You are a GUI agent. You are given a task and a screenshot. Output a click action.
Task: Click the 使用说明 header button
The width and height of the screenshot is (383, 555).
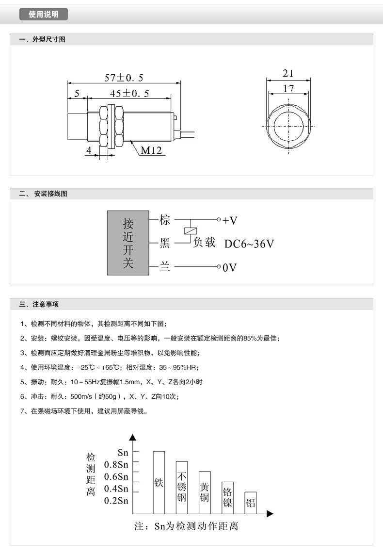pos(43,14)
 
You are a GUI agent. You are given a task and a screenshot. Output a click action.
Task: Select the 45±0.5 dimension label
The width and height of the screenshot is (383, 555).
pos(129,93)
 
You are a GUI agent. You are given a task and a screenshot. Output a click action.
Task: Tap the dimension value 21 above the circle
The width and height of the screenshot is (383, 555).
pos(288,73)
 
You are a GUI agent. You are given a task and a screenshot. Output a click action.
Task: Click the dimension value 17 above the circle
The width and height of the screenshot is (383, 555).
pos(288,89)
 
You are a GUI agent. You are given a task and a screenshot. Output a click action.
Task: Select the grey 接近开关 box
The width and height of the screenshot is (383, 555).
pos(128,243)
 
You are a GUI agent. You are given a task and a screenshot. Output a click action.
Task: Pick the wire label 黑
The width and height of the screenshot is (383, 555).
pos(165,243)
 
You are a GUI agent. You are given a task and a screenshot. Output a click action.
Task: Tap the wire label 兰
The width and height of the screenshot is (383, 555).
pos(165,266)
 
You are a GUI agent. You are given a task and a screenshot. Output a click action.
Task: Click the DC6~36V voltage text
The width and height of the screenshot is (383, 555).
pos(249,244)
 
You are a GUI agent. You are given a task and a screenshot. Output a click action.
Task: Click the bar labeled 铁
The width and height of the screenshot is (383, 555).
pos(159,482)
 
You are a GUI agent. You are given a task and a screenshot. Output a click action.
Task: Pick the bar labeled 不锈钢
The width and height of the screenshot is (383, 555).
pos(182,487)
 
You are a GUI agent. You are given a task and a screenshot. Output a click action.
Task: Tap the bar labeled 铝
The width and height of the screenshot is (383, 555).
pos(250,503)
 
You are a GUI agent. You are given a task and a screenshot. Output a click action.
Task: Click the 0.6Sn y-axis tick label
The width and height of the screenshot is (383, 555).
pos(116,476)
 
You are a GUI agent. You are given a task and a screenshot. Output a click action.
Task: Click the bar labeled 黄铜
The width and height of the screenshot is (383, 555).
pos(205,492)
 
